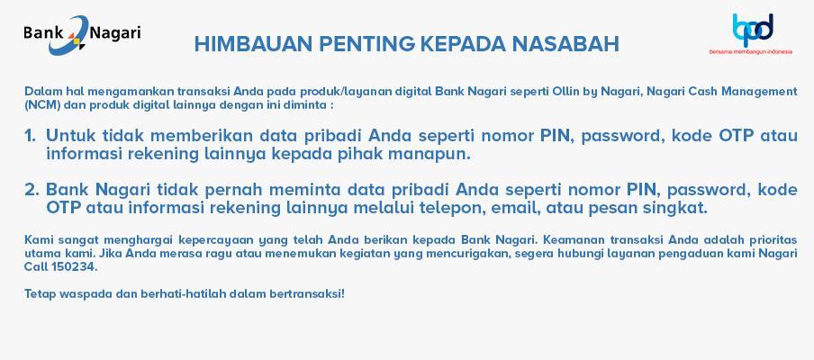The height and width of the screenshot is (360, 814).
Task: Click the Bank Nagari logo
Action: tap(82, 35)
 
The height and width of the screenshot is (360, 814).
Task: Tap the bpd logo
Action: tap(753, 30)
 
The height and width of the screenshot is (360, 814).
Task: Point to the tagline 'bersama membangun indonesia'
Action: tap(751, 52)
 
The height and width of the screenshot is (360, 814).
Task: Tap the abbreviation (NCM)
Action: tap(39, 104)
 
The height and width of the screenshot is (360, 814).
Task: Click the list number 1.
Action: tap(30, 135)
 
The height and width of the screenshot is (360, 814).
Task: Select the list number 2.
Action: tap(32, 190)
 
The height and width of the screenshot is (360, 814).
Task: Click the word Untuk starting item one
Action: tap(69, 135)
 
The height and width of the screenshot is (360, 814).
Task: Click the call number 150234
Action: tap(74, 267)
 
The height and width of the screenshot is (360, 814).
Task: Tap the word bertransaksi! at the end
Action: tap(307, 293)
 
